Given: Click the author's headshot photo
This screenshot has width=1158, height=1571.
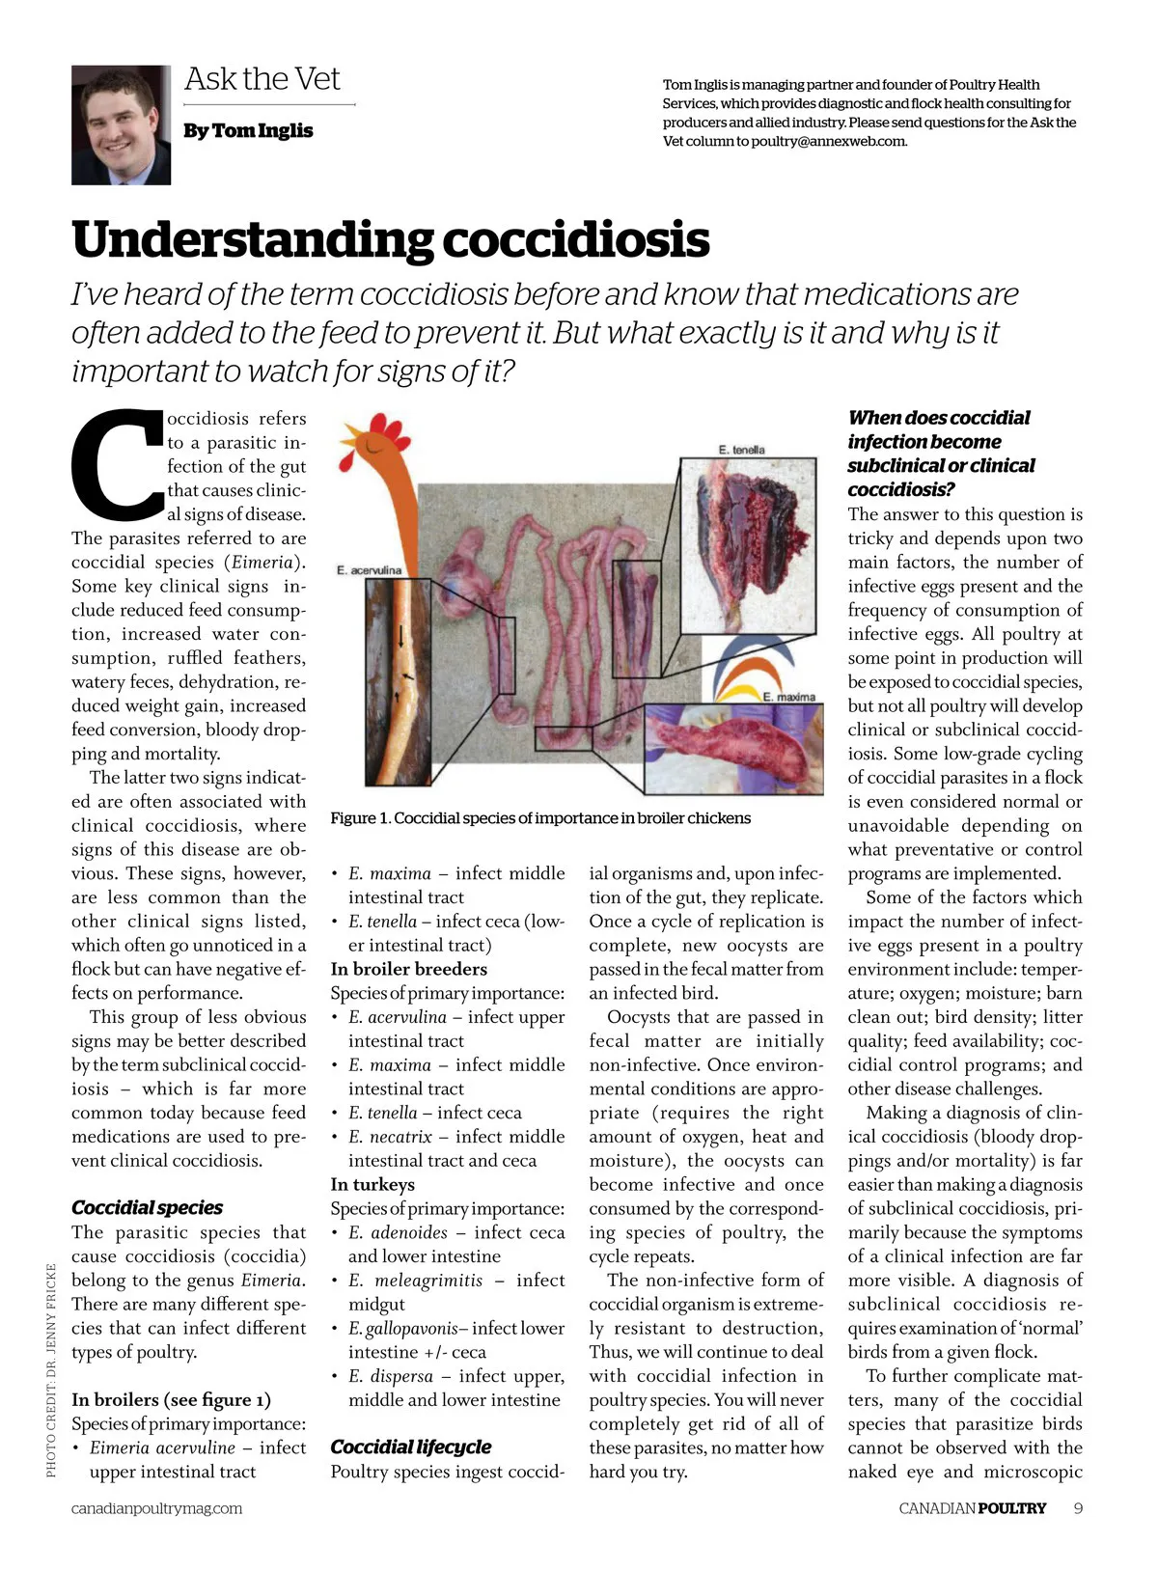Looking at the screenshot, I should click(x=121, y=124).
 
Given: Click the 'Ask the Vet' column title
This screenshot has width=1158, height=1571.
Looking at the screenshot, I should click(x=262, y=79).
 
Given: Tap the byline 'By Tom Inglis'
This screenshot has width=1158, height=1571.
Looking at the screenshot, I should click(x=248, y=130).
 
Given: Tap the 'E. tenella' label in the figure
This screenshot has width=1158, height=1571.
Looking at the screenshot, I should click(x=741, y=450).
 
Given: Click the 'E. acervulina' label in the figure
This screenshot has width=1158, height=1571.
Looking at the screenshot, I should click(x=369, y=570).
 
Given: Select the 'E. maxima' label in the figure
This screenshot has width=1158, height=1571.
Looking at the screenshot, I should click(x=788, y=696).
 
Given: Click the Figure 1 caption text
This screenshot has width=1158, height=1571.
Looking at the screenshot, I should click(x=539, y=818).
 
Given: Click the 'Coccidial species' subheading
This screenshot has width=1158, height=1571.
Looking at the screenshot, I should click(x=147, y=1208).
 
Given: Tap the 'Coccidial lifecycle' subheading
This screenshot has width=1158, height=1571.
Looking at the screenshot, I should click(x=410, y=1447).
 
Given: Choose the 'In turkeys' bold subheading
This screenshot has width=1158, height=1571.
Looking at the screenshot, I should click(x=372, y=1184).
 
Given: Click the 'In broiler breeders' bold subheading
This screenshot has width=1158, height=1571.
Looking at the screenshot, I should click(x=408, y=969).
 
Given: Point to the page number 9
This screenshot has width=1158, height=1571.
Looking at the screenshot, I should click(x=1078, y=1508).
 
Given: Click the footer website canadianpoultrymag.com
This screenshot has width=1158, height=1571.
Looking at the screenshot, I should click(x=156, y=1508).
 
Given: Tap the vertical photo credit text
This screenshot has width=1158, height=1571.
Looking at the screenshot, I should click(x=51, y=1370).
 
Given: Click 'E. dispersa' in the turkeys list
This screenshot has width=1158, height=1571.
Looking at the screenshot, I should click(x=390, y=1376).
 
